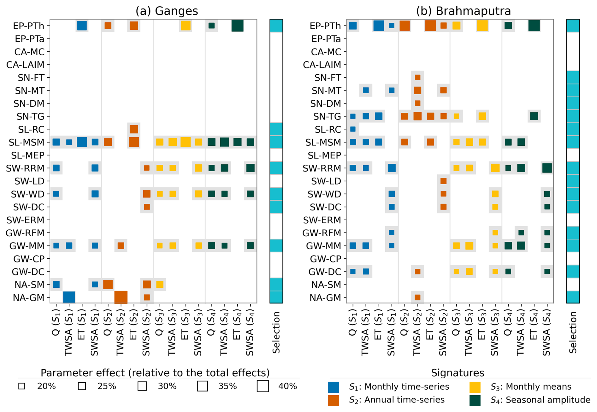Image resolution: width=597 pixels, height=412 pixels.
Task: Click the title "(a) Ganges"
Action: [x=167, y=11]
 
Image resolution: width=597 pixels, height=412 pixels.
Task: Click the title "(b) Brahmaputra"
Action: [x=463, y=11]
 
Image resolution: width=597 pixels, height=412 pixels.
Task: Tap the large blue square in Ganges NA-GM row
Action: [x=69, y=297]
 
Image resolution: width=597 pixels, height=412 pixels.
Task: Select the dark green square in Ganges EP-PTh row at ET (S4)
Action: [x=237, y=26]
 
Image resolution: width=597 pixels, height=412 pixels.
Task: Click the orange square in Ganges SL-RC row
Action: [x=134, y=129]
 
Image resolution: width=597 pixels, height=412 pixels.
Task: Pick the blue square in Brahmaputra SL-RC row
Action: [x=353, y=129]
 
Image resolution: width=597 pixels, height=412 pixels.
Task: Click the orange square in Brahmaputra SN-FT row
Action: [x=417, y=77]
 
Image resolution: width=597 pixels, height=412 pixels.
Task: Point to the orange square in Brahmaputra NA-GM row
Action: [x=417, y=297]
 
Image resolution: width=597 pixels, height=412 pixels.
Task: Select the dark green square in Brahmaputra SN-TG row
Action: [x=534, y=116]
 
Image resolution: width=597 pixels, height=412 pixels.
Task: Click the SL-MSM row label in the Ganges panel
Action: [x=27, y=143]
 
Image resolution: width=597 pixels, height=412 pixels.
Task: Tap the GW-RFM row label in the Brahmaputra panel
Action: [x=322, y=233]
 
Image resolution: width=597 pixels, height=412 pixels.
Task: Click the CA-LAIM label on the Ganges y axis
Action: [x=25, y=65]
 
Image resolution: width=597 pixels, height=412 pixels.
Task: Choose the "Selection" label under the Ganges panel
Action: [x=276, y=332]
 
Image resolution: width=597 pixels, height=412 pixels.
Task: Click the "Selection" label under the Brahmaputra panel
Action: [x=573, y=332]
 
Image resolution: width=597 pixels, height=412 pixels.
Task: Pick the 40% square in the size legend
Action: [x=263, y=386]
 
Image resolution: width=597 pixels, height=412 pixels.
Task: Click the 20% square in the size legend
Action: [x=22, y=386]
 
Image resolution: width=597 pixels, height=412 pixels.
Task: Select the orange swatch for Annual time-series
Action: [x=334, y=400]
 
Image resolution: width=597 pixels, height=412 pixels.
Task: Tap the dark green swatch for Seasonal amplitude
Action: [x=475, y=400]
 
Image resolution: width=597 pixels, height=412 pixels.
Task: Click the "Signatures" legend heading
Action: [x=458, y=373]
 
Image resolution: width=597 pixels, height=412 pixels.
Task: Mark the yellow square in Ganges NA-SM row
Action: [x=160, y=284]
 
